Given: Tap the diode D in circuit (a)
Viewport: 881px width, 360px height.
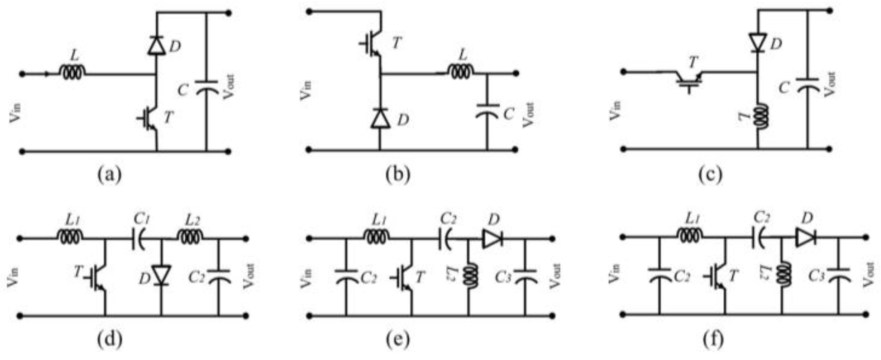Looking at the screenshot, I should (x=157, y=45).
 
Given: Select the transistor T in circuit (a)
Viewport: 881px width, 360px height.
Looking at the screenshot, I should (x=150, y=119).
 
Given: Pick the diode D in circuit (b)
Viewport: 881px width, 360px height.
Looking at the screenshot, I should (x=380, y=119).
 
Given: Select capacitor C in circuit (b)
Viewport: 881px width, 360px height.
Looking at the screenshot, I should (x=487, y=111).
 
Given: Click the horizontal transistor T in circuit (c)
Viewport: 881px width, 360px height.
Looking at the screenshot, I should (x=689, y=80).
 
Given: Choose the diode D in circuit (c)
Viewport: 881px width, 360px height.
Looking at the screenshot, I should (x=758, y=43).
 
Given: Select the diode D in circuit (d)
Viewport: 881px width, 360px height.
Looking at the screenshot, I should (x=161, y=275).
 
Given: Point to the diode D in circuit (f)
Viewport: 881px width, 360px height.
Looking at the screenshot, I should (x=806, y=238).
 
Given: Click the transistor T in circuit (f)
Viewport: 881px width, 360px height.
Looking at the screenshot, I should (x=720, y=276).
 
